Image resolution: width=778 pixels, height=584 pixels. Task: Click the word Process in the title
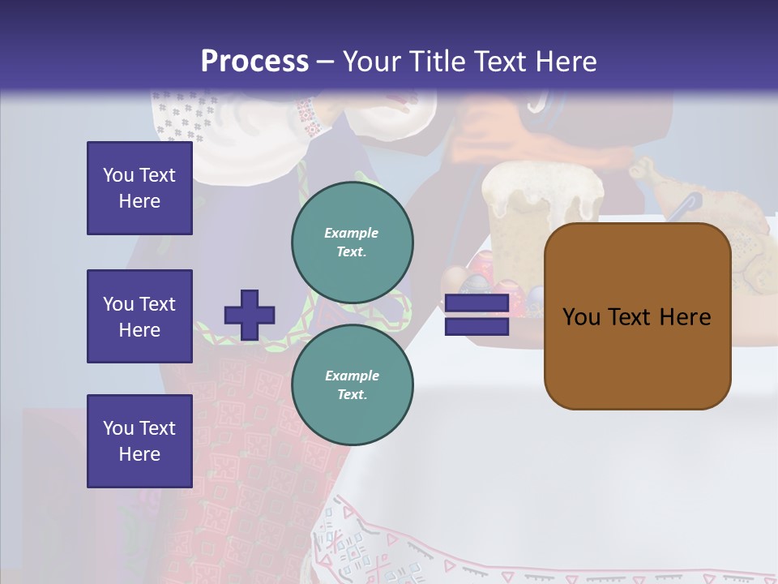[254, 61]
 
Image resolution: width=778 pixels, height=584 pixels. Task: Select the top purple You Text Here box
[139, 188]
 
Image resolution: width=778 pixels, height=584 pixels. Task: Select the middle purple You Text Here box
[139, 316]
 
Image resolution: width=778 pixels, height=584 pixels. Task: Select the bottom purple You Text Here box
[139, 440]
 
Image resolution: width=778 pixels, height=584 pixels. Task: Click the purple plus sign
[250, 315]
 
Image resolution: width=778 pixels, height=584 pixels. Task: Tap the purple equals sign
[477, 316]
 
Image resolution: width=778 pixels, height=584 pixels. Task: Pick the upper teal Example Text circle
[352, 243]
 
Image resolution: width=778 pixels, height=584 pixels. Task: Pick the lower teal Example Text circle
[352, 384]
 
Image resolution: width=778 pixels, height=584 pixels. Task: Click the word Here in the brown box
[685, 317]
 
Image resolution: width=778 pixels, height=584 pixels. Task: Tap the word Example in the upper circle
[352, 233]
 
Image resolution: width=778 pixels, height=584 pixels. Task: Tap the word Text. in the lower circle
[352, 395]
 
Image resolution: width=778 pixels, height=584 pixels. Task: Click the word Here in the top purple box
[139, 201]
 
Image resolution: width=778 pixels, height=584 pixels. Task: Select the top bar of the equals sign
[477, 304]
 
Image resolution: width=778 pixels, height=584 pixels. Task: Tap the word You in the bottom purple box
[118, 427]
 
